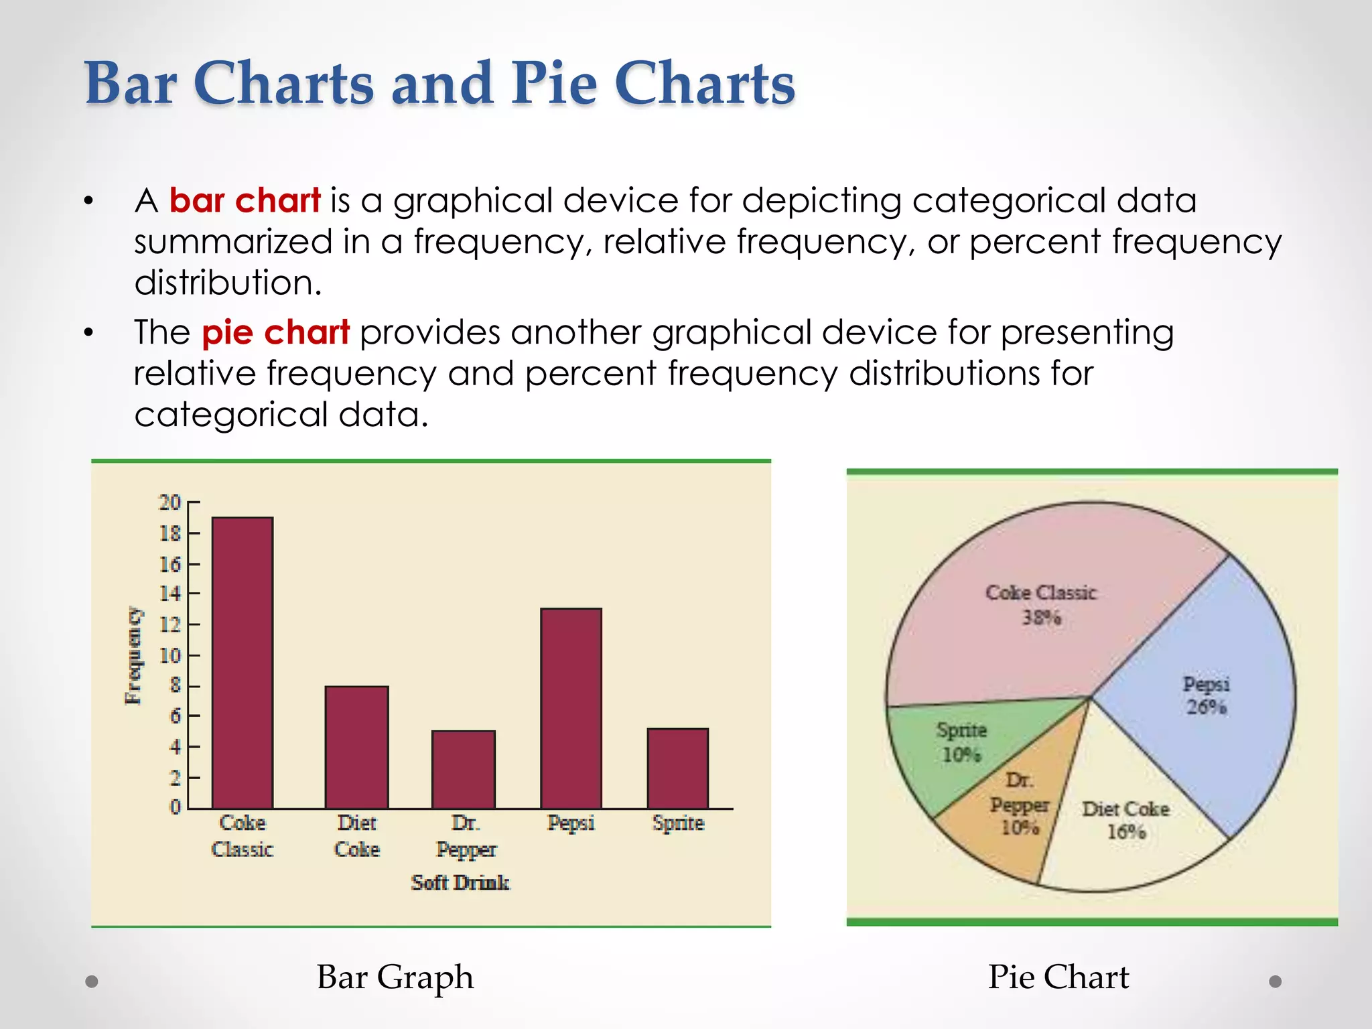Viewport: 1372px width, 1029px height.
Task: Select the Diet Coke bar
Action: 356,746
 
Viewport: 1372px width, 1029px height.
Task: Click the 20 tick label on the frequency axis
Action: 169,502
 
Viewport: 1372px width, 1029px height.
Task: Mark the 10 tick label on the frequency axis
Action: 169,655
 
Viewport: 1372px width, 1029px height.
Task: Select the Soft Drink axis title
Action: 460,882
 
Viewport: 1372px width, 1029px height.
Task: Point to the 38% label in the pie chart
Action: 1041,618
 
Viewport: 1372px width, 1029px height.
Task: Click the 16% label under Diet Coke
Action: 1126,832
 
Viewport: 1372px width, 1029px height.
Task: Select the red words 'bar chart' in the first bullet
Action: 245,200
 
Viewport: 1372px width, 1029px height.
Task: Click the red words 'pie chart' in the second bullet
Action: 275,332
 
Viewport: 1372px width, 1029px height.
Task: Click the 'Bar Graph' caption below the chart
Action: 395,977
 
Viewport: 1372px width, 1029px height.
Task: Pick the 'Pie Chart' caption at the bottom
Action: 1058,977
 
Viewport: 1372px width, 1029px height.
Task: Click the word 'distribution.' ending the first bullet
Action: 228,283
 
